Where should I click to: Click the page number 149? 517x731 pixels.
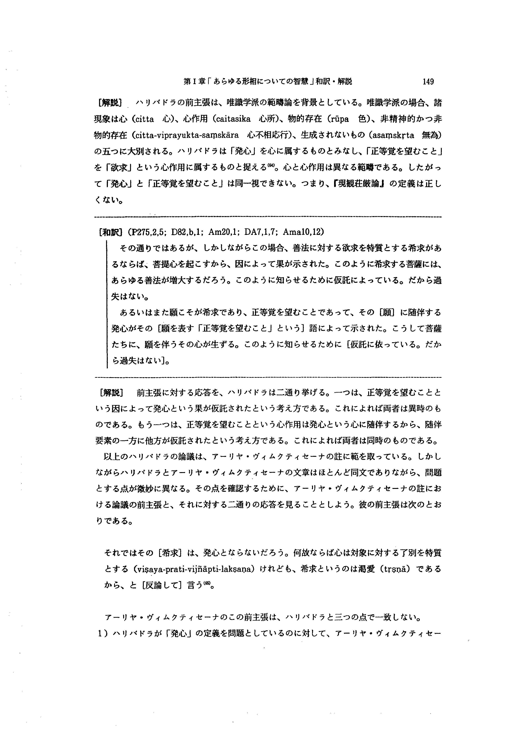pyautogui.click(x=428, y=82)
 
